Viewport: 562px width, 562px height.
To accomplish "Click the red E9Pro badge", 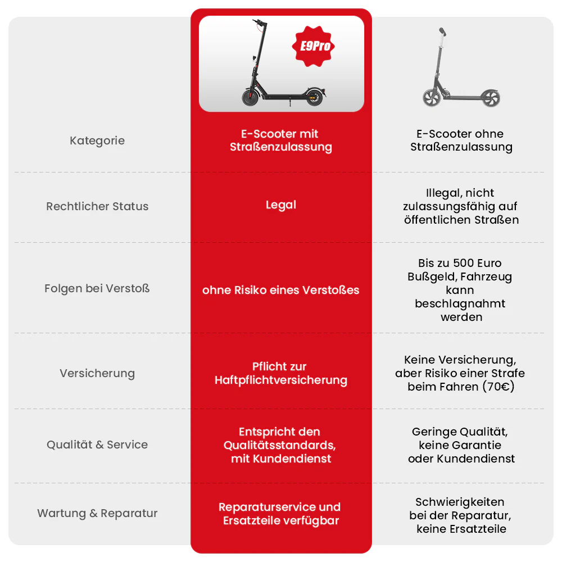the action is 313,46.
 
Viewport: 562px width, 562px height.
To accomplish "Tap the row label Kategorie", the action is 97,140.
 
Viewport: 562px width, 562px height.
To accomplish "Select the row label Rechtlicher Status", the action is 97,206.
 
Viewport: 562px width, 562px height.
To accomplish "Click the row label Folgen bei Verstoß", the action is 97,288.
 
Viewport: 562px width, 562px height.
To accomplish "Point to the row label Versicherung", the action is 97,373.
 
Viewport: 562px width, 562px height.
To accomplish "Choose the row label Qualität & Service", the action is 97,445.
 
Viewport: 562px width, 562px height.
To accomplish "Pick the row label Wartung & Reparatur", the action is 97,513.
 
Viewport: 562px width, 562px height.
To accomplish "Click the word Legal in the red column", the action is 281,205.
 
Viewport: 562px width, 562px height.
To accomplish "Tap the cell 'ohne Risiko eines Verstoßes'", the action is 280,290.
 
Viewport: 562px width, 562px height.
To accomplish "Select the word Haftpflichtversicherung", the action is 280,380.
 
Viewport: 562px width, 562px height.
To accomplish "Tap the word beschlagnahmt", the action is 460,303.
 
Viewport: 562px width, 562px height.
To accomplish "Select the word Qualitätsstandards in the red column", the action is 279,445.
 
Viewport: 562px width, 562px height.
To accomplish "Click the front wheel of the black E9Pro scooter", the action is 250,97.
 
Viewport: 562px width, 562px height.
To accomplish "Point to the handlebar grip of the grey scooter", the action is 443,31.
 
